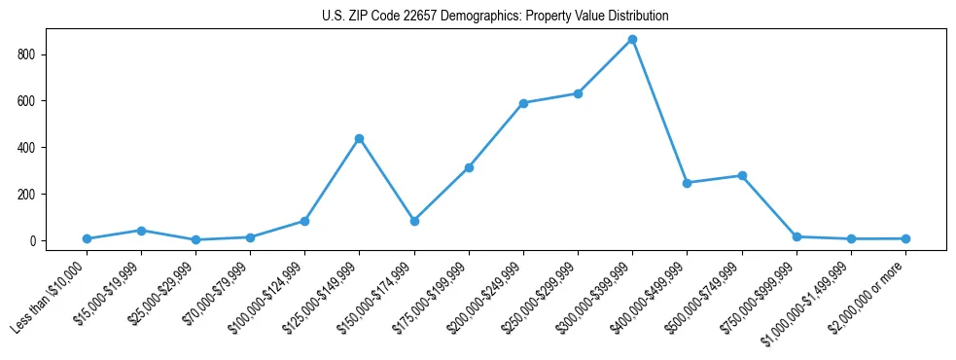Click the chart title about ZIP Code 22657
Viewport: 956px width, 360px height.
click(x=495, y=17)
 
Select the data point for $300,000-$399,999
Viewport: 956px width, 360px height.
click(x=632, y=39)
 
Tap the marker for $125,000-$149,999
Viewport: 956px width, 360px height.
click(x=360, y=138)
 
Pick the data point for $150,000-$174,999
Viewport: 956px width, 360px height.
click(x=414, y=221)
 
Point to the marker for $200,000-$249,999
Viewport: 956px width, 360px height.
click(x=523, y=103)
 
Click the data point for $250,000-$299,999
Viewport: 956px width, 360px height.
click(x=578, y=93)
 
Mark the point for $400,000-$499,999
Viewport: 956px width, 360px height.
click(x=687, y=183)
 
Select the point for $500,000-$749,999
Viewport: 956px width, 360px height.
click(x=742, y=175)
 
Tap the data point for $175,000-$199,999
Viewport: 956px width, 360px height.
click(x=469, y=167)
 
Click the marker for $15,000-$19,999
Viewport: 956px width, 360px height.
click(x=141, y=231)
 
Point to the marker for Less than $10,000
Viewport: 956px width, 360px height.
click(x=87, y=238)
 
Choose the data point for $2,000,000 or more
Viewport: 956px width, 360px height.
click(x=905, y=238)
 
